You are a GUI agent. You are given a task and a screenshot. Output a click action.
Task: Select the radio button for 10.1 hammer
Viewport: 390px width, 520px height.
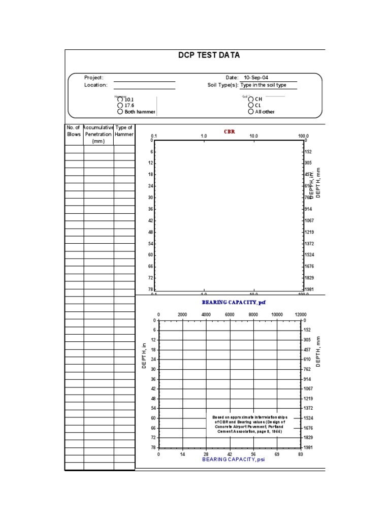tap(120, 100)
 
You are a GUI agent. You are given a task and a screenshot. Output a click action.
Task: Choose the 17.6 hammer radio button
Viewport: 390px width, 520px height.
tap(120, 106)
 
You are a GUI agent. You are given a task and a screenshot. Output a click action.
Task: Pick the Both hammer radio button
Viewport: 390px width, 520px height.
tap(120, 112)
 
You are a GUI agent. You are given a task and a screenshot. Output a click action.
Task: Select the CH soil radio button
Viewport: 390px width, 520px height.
tap(251, 100)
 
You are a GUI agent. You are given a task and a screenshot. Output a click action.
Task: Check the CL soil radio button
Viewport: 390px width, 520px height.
tap(251, 106)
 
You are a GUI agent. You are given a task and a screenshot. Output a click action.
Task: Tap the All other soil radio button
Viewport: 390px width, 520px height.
tap(251, 112)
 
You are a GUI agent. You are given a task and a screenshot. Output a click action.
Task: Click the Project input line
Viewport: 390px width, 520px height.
tap(144, 78)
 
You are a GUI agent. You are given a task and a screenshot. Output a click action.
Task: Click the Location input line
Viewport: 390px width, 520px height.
tap(144, 86)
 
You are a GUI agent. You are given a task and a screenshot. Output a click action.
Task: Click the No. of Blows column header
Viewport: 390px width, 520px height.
tap(74, 131)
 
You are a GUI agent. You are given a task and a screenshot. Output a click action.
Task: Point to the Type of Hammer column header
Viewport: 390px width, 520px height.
tap(124, 131)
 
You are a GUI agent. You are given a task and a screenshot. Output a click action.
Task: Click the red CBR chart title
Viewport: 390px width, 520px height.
tap(230, 132)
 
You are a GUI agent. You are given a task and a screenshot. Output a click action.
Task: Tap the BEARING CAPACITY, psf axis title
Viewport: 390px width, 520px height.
tap(234, 303)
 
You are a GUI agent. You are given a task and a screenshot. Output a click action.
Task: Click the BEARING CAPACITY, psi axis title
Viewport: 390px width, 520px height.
tap(234, 460)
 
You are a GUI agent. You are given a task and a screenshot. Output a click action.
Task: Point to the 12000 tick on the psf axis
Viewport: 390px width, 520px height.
tap(300, 315)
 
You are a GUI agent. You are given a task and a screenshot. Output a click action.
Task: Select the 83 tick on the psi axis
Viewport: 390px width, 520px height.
tap(301, 454)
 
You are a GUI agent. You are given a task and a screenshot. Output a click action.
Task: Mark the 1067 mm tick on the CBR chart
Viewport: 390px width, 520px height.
tap(309, 221)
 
